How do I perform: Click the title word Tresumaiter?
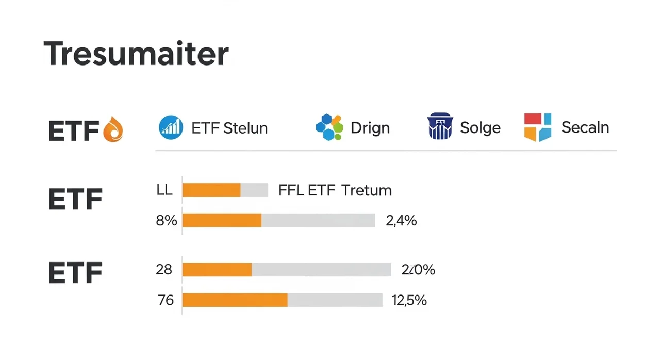136,54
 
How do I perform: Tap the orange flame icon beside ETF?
114,129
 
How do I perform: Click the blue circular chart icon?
171,127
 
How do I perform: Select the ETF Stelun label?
229,128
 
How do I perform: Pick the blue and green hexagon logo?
329,127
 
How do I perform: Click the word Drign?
370,128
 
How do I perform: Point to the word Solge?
480,128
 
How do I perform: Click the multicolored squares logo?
538,127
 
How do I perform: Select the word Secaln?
585,127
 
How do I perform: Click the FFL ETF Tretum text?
335,190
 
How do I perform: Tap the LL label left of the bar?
164,190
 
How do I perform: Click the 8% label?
167,221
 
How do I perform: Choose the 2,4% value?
401,221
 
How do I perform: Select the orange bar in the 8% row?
222,220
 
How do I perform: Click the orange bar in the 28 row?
217,270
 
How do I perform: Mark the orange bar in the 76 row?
235,300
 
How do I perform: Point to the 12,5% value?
409,300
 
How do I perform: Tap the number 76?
166,300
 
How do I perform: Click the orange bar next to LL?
211,190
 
